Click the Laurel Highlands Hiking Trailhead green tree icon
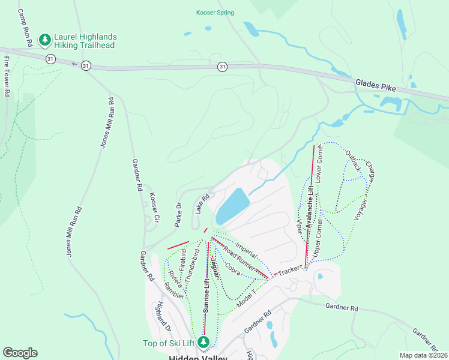point(44,40)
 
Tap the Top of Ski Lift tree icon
point(204,342)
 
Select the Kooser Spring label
point(215,13)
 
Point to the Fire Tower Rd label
point(7,77)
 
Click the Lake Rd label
point(202,205)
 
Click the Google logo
point(20,353)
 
